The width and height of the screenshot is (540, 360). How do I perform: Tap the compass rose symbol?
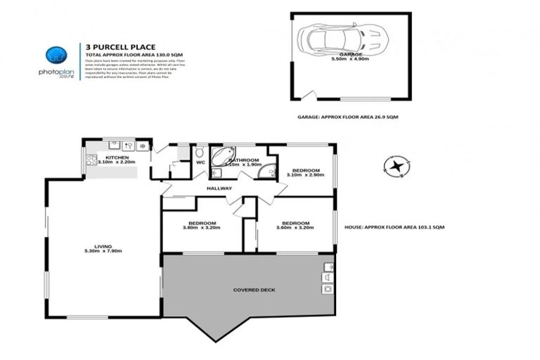pos(397,167)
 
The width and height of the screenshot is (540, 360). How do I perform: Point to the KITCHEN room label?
pos(117,157)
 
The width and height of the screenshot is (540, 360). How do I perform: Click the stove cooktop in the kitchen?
pos(91,160)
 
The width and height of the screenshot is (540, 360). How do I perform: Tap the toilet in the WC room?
pos(199,152)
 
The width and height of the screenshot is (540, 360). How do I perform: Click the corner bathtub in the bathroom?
pos(224,155)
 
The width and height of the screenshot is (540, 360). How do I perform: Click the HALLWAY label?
pos(219,188)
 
